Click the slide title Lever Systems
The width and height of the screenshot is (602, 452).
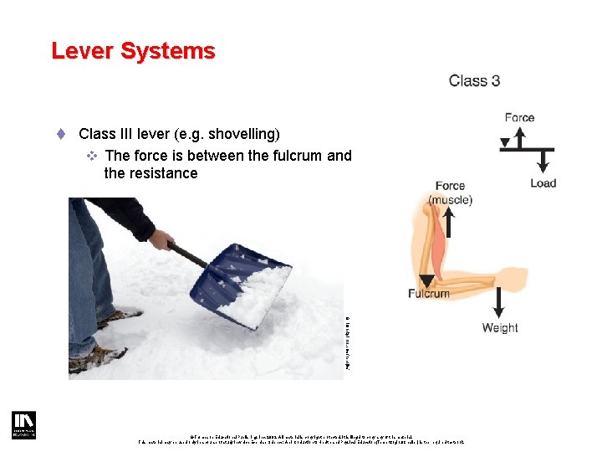(133, 51)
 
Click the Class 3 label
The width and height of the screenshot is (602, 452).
(474, 81)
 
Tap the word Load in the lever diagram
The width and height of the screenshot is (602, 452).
(543, 183)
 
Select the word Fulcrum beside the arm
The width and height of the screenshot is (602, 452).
(428, 293)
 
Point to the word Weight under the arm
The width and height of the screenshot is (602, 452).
(500, 328)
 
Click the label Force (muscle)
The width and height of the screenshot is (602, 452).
(450, 193)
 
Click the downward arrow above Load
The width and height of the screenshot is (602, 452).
(543, 162)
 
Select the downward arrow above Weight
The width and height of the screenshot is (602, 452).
(499, 301)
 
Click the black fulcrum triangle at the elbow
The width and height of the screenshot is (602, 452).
(427, 280)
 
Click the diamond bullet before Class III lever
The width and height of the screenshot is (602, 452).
(61, 134)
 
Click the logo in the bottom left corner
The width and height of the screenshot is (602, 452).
(23, 425)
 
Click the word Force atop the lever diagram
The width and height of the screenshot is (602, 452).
(519, 117)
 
